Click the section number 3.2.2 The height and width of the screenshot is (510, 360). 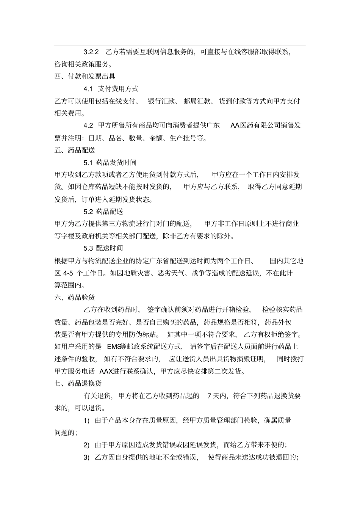pyautogui.click(x=91, y=52)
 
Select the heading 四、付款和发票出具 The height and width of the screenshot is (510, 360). pyautogui.click(x=85, y=77)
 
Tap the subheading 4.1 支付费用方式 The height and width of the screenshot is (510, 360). pyautogui.click(x=111, y=89)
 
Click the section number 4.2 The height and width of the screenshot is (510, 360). pyautogui.click(x=88, y=126)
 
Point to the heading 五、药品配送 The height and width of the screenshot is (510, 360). pyautogui.click(x=75, y=150)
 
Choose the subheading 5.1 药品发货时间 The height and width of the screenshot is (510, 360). pyautogui.click(x=110, y=163)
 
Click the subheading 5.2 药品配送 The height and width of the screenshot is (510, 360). pyautogui.click(x=103, y=212)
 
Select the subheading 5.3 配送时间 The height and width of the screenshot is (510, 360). pyautogui.click(x=103, y=248)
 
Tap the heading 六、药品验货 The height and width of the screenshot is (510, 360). pyautogui.click(x=75, y=298)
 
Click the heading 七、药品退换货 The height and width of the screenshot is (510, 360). pyautogui.click(x=78, y=384)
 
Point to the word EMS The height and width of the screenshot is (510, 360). pyautogui.click(x=113, y=347)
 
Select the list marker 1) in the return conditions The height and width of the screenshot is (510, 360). pyautogui.click(x=86, y=421)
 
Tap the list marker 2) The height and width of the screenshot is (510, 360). pyautogui.click(x=86, y=445)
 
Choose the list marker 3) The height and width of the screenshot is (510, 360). pyautogui.click(x=86, y=457)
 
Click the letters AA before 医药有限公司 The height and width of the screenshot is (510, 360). pyautogui.click(x=235, y=126)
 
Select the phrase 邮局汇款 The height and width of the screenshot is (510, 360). pyautogui.click(x=197, y=101)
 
